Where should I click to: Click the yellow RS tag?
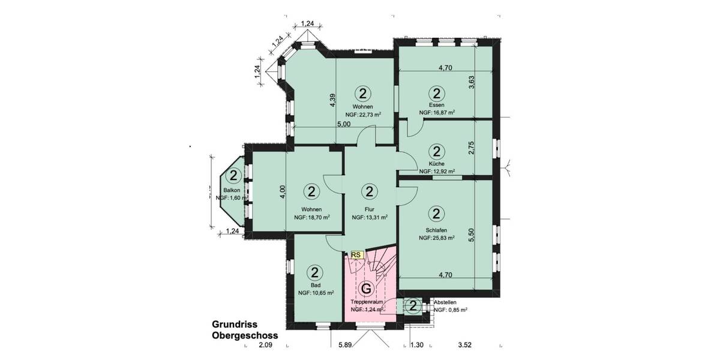pyautogui.click(x=356, y=254)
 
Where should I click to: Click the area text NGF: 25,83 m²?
pyautogui.click(x=437, y=238)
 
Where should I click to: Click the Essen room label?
pyautogui.click(x=436, y=104)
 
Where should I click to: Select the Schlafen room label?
pyautogui.click(x=436, y=230)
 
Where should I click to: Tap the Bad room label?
pyautogui.click(x=316, y=285)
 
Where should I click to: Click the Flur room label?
pyautogui.click(x=369, y=209)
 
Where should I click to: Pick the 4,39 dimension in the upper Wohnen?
pyautogui.click(x=333, y=100)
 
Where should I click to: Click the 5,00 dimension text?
pyautogui.click(x=343, y=125)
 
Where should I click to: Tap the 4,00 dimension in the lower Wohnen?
pyautogui.click(x=283, y=193)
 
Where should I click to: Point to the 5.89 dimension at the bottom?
pyautogui.click(x=344, y=346)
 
